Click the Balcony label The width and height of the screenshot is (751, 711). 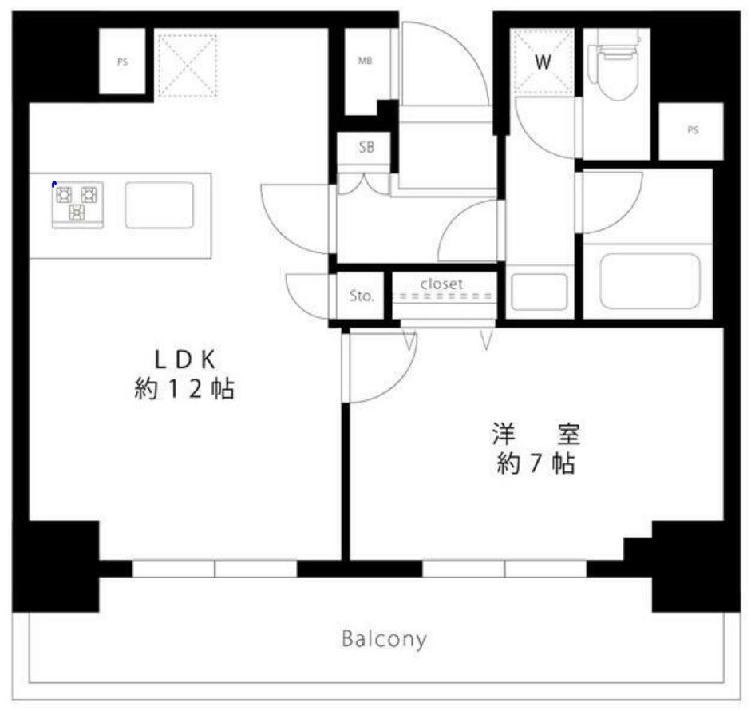point(384,639)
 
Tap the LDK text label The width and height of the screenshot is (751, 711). point(184,359)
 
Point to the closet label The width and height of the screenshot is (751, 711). point(441,284)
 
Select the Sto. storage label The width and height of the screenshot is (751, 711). point(362,296)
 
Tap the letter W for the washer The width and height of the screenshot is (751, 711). point(543,62)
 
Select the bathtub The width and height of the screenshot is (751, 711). point(650,280)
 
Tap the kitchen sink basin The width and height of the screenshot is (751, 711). point(159,205)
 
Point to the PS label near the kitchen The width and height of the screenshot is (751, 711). point(122,62)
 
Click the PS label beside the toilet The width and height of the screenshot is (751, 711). point(692,131)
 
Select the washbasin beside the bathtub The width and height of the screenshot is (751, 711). point(540,292)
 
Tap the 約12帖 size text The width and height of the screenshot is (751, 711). point(184,390)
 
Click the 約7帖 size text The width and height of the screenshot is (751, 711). point(535,464)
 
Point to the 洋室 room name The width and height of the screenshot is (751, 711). point(535,435)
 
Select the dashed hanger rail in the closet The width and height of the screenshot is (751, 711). point(444,296)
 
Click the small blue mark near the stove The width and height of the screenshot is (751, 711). point(53,185)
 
